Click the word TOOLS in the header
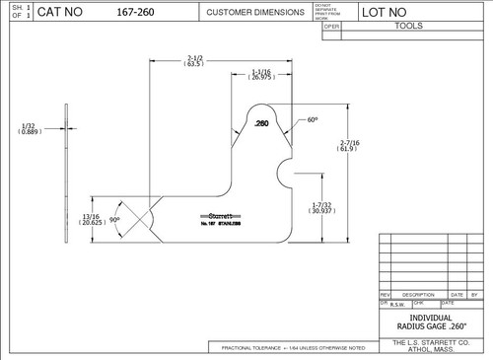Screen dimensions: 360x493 [408, 28]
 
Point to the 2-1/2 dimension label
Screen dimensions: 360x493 [193, 60]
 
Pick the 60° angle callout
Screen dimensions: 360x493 [313, 119]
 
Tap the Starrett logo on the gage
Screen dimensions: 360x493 [218, 216]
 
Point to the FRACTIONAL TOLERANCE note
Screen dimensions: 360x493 [292, 348]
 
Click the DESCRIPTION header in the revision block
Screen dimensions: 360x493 [418, 294]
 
